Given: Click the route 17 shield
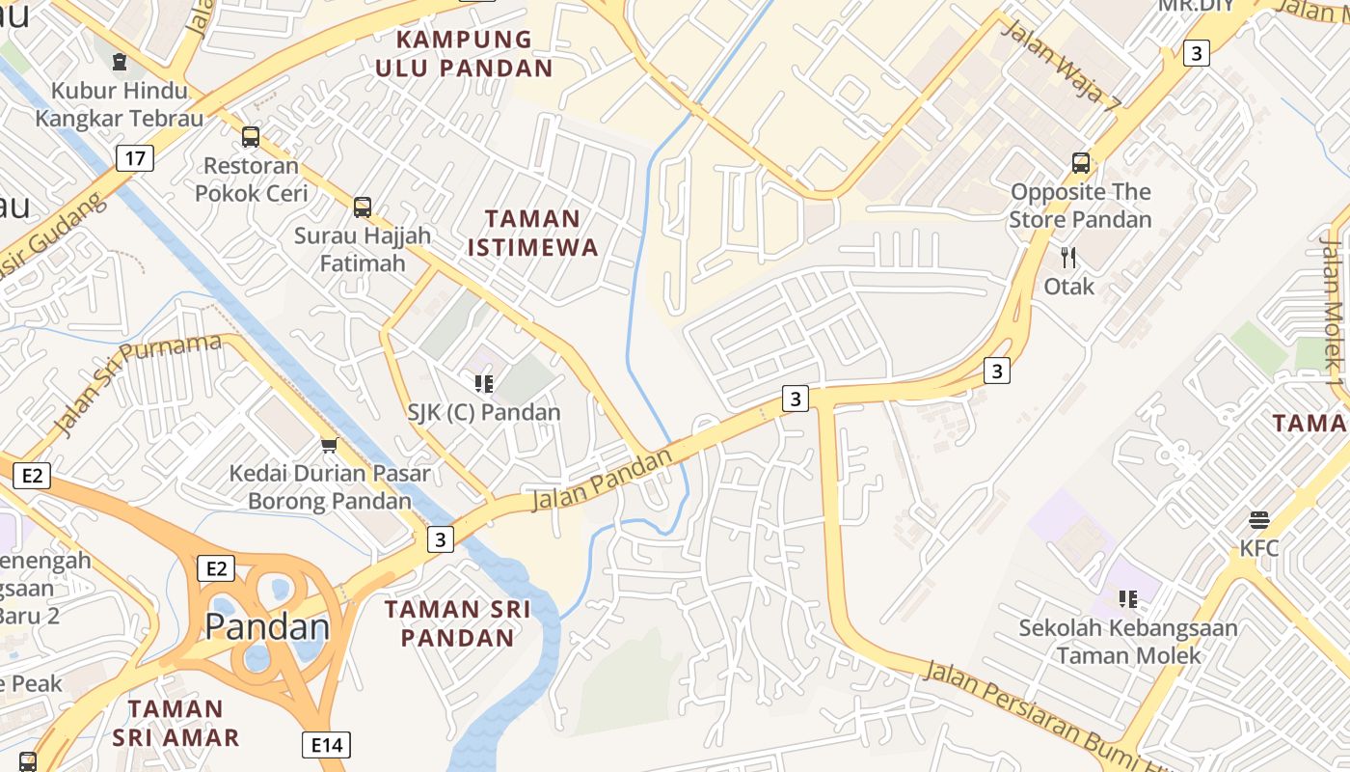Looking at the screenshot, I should (135, 158).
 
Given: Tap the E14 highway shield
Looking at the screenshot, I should (326, 745).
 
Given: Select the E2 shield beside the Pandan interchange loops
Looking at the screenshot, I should (215, 568).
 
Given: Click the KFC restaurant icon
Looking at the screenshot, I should (1258, 520).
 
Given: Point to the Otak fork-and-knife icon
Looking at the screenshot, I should (1068, 258).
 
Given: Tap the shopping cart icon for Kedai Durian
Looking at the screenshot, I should (329, 445).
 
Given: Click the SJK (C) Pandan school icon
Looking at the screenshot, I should (484, 384).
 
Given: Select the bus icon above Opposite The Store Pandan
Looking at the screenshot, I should (1081, 163).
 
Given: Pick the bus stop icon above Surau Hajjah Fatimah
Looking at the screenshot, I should (363, 207).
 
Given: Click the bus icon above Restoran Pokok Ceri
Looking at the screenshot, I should (251, 137).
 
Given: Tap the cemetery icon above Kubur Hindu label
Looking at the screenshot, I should (120, 63).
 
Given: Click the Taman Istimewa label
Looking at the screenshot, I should (533, 233).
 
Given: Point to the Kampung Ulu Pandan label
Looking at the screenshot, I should (464, 53).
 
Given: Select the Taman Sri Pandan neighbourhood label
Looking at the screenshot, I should (458, 623).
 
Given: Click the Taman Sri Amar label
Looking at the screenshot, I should (175, 723).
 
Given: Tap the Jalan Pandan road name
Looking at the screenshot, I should (601, 481).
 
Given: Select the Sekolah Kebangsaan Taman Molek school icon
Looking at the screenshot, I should (1127, 599).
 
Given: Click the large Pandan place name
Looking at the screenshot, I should (267, 627).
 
